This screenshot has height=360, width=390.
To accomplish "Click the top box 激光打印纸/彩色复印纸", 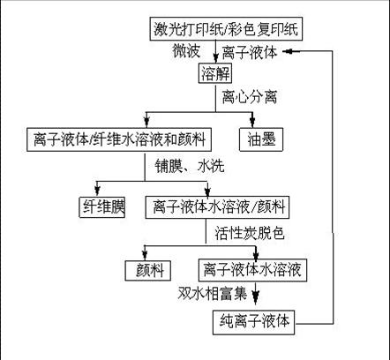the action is click(x=226, y=29).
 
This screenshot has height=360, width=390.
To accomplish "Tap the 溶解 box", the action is click(x=215, y=73).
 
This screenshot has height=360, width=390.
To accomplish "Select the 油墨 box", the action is click(x=261, y=139).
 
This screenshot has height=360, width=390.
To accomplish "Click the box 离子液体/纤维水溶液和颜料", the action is click(x=119, y=139).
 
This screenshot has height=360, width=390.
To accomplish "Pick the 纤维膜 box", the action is click(x=102, y=206).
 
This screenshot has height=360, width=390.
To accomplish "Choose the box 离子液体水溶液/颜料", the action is click(x=217, y=206).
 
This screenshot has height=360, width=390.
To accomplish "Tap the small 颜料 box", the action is click(x=148, y=270).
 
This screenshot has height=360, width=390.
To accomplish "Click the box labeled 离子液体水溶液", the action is click(x=252, y=270).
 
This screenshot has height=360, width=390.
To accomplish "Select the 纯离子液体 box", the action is click(x=253, y=322).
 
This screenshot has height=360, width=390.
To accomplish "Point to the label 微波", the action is click(x=186, y=51).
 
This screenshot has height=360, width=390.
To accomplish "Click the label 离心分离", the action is click(x=250, y=97).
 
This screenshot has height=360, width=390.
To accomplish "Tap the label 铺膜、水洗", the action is click(x=190, y=167).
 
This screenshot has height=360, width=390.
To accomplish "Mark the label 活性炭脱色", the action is click(x=250, y=233).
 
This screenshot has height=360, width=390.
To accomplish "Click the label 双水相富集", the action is click(x=212, y=293).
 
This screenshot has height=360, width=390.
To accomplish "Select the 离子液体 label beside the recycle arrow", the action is click(x=250, y=52).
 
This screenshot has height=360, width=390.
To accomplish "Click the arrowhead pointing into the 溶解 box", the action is click(x=216, y=57).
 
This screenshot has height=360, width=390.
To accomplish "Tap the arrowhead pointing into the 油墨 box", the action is click(x=252, y=122).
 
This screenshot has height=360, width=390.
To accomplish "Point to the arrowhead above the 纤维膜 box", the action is click(x=97, y=190).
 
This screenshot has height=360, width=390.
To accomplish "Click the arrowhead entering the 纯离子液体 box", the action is click(x=256, y=297).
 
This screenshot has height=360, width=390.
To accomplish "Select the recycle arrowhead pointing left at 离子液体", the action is click(x=288, y=51).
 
